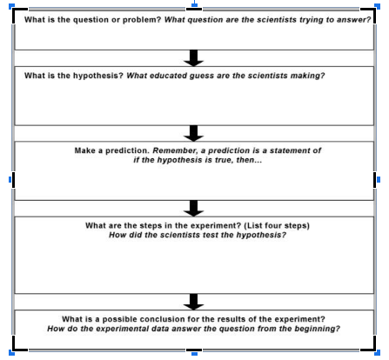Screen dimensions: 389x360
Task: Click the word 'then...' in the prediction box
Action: [x=249, y=160]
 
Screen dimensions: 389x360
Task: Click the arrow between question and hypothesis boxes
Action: [x=194, y=58]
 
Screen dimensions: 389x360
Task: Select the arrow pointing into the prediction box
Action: [x=194, y=133]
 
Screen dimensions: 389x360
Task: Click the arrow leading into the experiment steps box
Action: [x=194, y=209]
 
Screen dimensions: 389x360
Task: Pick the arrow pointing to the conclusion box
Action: [x=194, y=302]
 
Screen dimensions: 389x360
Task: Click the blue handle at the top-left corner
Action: [x=11, y=6]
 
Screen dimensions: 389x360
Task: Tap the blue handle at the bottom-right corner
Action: [x=377, y=352]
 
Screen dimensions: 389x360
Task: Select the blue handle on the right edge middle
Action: [x=379, y=180]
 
